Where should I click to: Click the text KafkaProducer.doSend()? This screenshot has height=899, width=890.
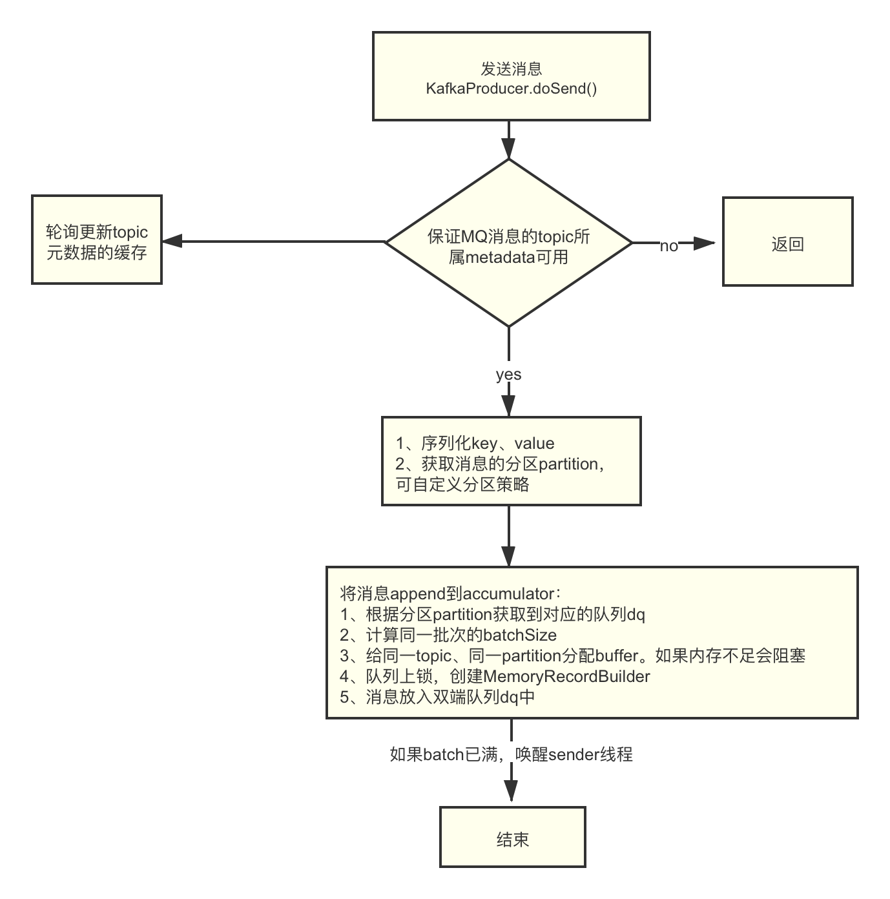511,88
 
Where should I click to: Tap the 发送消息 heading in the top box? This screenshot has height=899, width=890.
511,68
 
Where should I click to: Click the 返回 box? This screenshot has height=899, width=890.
787,242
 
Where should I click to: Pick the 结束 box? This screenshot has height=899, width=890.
513,836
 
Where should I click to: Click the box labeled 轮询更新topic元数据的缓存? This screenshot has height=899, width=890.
97,240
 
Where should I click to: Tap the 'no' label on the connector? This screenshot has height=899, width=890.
668,245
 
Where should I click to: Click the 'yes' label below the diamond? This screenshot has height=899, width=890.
508,374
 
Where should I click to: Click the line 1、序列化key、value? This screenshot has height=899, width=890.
475,444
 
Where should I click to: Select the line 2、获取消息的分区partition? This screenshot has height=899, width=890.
501,464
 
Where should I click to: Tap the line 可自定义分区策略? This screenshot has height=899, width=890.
462,484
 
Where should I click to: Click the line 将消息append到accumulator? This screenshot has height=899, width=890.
451,594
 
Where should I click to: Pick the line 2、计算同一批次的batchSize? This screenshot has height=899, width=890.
448,635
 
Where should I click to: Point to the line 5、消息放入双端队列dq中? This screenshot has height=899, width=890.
437,697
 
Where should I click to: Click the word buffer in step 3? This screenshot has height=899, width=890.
616,656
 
